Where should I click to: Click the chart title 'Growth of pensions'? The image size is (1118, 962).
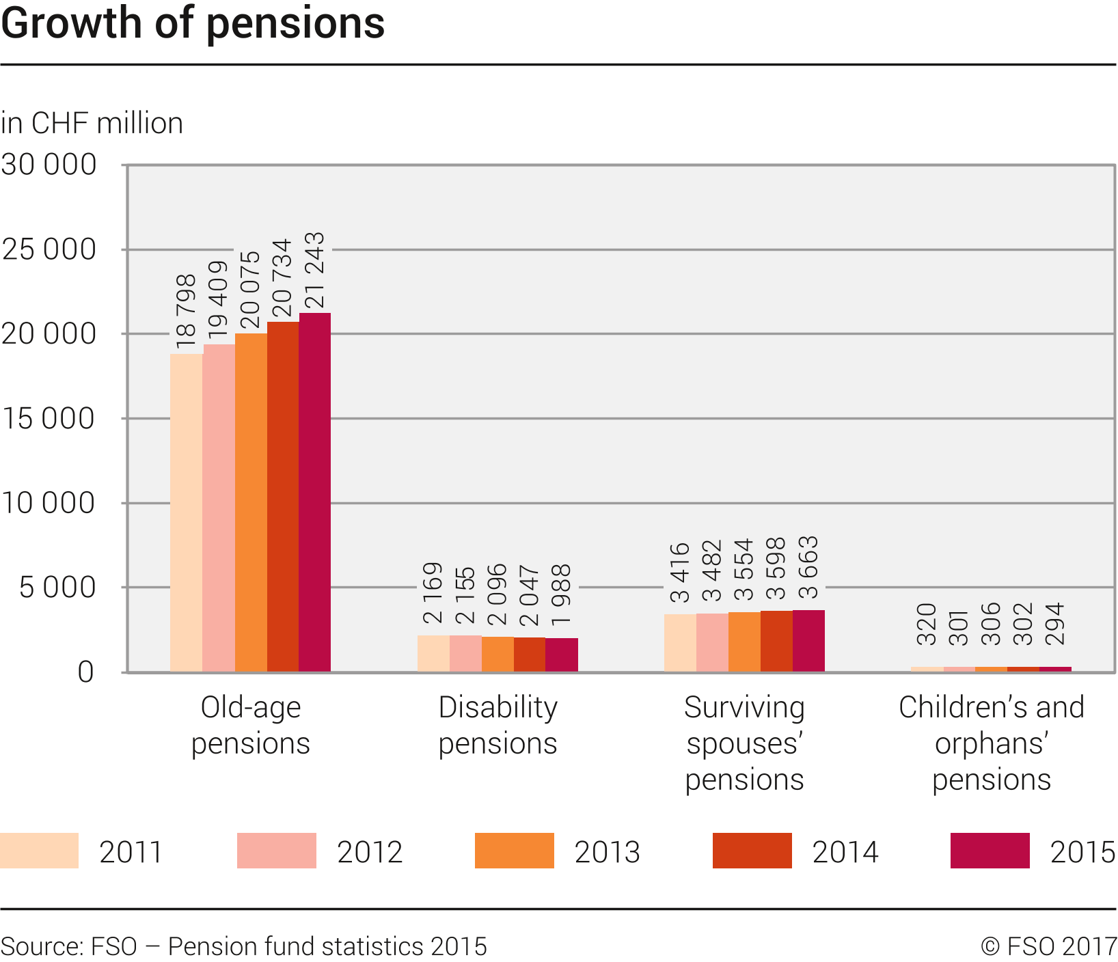click(x=193, y=23)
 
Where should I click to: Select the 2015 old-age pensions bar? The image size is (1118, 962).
click(x=315, y=492)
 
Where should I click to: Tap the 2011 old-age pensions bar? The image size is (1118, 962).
click(x=186, y=512)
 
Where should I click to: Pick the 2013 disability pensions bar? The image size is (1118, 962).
click(x=497, y=654)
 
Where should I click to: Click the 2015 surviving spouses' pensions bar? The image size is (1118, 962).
click(x=808, y=641)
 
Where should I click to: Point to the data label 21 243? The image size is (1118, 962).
click(x=314, y=271)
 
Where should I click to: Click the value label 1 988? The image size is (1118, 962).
click(x=561, y=594)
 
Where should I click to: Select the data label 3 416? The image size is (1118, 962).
click(x=679, y=573)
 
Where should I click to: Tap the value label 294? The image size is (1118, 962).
click(x=1055, y=624)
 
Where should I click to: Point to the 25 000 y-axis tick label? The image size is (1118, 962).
click(x=49, y=249)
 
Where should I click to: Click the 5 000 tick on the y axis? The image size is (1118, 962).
click(x=57, y=588)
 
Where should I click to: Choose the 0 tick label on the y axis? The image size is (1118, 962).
click(x=85, y=672)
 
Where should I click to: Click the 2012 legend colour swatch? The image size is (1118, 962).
click(x=277, y=851)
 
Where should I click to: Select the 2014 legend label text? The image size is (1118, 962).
click(x=845, y=852)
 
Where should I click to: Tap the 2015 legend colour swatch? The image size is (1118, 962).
click(x=990, y=851)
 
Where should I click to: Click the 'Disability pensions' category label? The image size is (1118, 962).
click(x=497, y=725)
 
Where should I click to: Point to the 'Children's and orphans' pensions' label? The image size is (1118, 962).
click(x=991, y=743)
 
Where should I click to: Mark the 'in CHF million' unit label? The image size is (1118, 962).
click(x=92, y=124)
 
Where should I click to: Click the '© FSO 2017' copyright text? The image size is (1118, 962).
click(x=1048, y=946)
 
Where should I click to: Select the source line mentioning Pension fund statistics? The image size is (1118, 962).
click(x=244, y=946)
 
